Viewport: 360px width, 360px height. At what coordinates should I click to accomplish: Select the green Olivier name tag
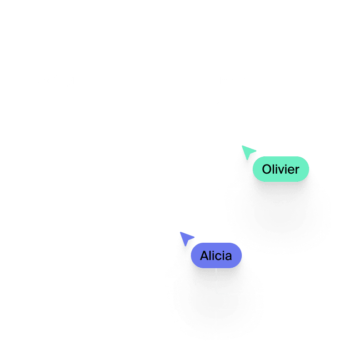tap(280, 170)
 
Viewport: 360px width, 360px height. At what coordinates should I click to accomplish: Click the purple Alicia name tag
tap(216, 256)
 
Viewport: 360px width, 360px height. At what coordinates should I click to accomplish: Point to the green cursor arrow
tap(248, 152)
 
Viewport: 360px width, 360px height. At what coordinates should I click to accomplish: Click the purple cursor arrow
tap(186, 238)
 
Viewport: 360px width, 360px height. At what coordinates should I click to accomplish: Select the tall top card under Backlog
tap(110, 149)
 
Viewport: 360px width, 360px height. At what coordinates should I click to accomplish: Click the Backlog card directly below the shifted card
tap(105, 304)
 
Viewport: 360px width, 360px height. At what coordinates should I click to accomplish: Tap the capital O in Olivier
tap(267, 170)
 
